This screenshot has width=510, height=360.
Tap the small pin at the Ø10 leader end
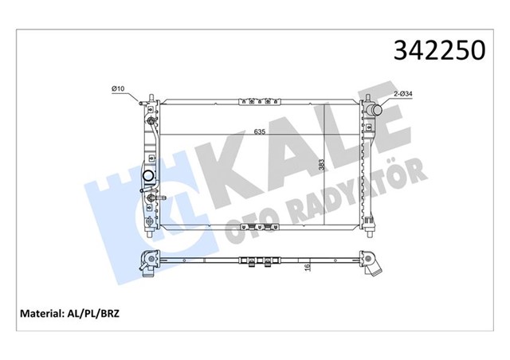[x=142, y=101]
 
